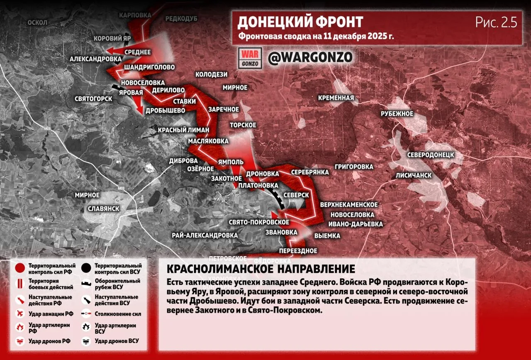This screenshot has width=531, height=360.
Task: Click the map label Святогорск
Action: coord(93,99)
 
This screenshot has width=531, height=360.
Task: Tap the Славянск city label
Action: coord(104,208)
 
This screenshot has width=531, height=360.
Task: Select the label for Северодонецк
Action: coord(431,155)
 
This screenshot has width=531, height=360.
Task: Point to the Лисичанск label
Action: coord(414,175)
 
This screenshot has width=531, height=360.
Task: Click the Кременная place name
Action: coord(336,98)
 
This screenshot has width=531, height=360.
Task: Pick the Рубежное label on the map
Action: coord(397,114)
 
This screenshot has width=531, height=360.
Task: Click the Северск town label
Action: coord(296,195)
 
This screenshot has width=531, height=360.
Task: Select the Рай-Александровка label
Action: coord(205,235)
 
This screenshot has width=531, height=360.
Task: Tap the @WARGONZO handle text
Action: coord(310,58)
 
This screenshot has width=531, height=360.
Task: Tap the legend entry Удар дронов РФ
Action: coord(49,341)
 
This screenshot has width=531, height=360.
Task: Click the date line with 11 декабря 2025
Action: coord(316,36)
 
